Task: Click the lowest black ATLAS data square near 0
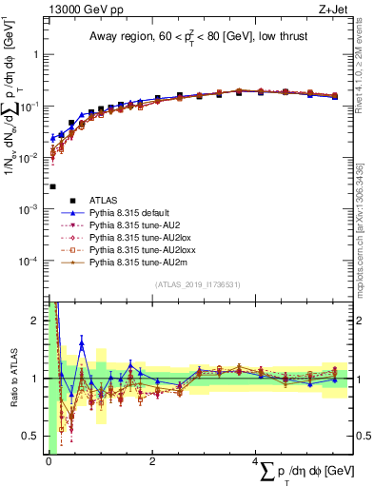pos(52,186)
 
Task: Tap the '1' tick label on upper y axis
pos(35,54)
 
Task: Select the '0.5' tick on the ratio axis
pos(31,437)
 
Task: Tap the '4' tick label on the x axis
pos(256,463)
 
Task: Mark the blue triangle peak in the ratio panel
pos(82,343)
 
